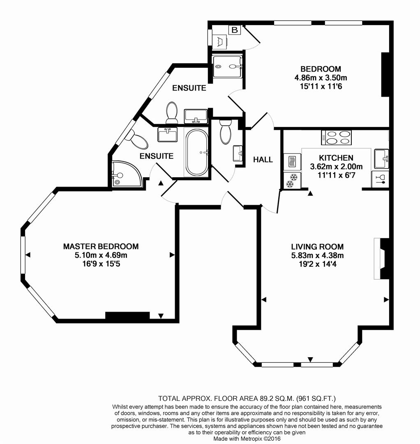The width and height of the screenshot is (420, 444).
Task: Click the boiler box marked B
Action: pos(234,30)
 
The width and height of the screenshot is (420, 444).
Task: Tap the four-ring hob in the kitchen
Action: pos(337,137)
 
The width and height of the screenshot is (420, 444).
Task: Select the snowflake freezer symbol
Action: pos(292,180)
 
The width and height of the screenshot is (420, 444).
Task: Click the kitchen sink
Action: pos(381,158)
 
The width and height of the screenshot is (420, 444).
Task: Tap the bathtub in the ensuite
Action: pos(197,152)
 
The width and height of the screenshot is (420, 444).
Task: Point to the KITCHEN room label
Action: pos(336,158)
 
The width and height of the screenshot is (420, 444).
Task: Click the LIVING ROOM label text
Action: pos(317,247)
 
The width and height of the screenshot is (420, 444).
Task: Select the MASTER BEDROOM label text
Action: pos(101,246)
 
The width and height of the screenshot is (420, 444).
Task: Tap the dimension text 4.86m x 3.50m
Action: pos(321,78)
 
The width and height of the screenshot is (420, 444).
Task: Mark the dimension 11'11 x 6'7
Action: pos(336,175)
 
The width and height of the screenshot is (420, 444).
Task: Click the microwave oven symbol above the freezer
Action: pos(292,161)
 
